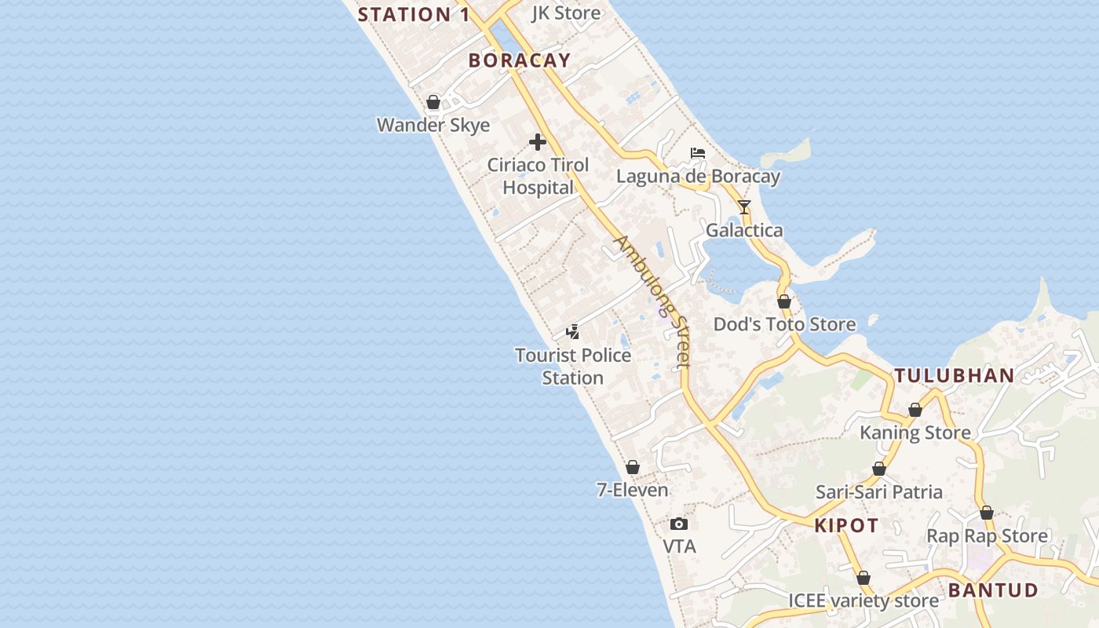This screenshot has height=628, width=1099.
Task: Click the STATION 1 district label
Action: click(415, 14)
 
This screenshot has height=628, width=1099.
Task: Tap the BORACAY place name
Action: click(520, 60)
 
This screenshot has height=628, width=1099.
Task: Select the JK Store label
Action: click(566, 13)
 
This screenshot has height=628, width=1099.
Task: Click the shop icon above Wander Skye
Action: click(433, 102)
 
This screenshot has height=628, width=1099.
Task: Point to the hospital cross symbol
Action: click(538, 142)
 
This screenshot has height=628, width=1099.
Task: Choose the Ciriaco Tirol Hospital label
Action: click(539, 177)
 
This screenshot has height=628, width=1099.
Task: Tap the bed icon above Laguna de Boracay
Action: click(698, 153)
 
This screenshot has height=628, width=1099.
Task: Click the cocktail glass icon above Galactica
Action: click(744, 207)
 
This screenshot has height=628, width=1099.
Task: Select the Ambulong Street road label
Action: click(653, 301)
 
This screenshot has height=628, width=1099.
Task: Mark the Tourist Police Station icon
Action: click(573, 332)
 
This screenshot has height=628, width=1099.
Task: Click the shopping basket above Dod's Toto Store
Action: click(784, 301)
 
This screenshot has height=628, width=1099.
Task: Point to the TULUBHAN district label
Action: click(955, 375)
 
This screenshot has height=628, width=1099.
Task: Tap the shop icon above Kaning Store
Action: click(915, 410)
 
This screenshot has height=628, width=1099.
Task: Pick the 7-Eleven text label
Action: click(633, 490)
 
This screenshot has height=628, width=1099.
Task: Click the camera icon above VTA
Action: click(679, 524)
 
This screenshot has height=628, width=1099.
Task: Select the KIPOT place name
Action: click(846, 526)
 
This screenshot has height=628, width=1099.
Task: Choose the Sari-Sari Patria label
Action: click(879, 492)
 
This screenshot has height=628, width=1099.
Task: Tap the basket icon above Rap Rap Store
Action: click(987, 513)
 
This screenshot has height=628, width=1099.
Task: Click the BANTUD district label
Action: click(993, 590)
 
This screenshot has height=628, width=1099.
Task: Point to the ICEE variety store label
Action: click(863, 601)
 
